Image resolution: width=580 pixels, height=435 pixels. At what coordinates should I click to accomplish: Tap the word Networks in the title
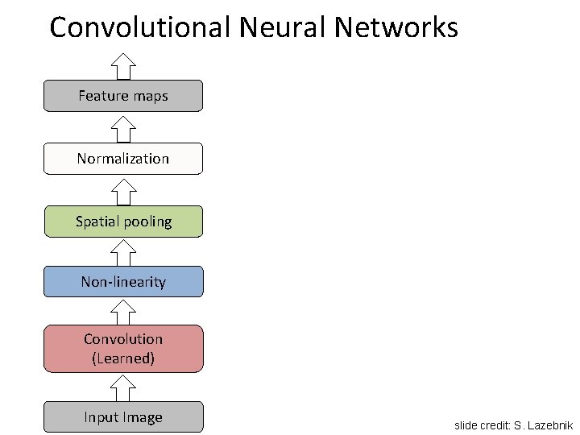(x=396, y=28)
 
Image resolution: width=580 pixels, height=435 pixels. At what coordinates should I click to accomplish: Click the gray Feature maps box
(x=123, y=96)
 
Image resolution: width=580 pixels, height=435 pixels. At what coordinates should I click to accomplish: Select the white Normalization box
(x=123, y=159)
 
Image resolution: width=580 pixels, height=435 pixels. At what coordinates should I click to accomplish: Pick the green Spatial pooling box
(x=123, y=221)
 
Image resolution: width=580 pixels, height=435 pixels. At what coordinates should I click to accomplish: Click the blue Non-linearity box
(x=123, y=282)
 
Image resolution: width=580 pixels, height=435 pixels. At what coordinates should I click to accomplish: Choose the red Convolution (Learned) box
(x=123, y=349)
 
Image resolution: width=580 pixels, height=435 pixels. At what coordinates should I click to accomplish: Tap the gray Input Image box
(x=123, y=417)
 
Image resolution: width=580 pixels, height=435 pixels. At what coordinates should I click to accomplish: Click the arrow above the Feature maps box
(x=123, y=65)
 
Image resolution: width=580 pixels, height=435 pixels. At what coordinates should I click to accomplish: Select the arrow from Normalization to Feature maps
(x=123, y=127)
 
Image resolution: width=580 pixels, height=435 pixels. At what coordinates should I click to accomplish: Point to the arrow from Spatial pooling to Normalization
(x=123, y=190)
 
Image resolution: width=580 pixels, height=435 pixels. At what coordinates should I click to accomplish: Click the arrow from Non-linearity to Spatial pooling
(x=123, y=252)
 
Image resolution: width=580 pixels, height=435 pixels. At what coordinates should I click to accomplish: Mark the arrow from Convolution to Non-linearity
(x=123, y=311)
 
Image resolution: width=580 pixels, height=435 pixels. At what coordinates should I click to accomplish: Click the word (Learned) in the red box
(x=123, y=358)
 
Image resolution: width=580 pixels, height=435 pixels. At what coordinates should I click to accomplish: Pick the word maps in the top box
(x=151, y=97)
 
